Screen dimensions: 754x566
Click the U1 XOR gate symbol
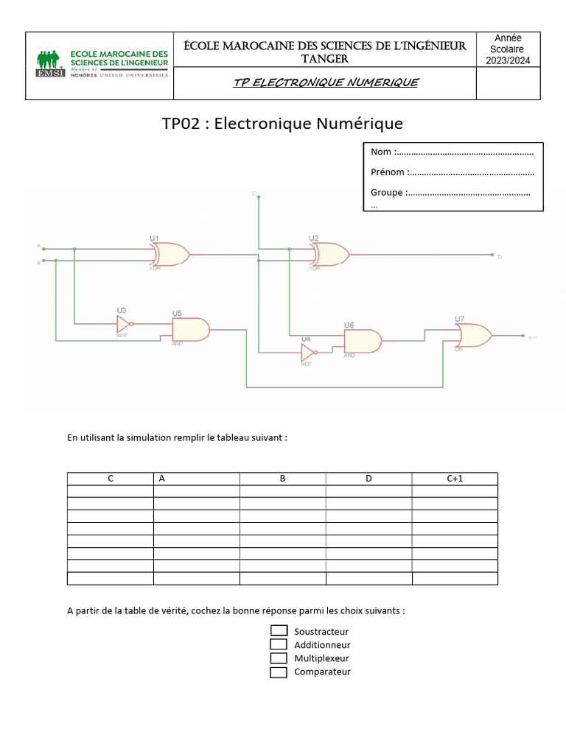pos(171,255)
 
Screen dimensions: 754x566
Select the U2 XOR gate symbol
pos(331,255)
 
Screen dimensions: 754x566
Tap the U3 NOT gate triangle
pos(125,324)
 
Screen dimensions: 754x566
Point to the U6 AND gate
pos(362,341)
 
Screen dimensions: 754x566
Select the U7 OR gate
pos(475,336)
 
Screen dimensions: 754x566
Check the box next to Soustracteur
pos(279,631)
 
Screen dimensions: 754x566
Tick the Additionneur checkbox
pos(279,644)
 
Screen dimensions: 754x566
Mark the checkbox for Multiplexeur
pos(279,658)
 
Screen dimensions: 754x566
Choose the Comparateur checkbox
pos(279,672)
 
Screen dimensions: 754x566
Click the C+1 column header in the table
pos(454,479)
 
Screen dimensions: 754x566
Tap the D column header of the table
pos(368,479)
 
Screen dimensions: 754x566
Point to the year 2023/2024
pos(508,61)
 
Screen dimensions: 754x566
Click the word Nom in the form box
pos(381,152)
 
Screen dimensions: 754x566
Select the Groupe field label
pos(387,192)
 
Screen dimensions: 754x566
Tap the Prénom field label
pos(388,172)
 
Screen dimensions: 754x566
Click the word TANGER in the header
pos(325,59)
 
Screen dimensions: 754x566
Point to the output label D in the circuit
pos(500,257)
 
